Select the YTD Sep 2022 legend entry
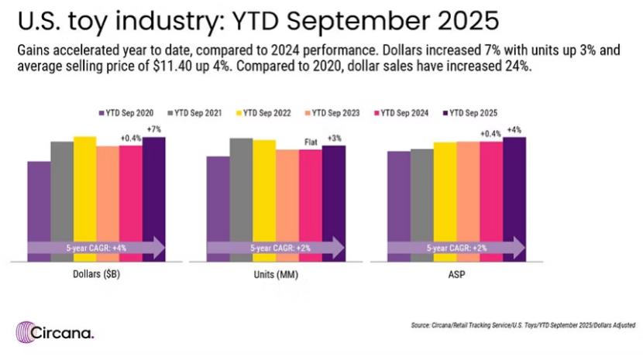[x=267, y=113]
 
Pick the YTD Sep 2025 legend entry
[x=472, y=113]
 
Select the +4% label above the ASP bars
[x=515, y=130]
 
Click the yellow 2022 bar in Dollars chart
[x=85, y=194]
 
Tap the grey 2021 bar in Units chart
[x=241, y=194]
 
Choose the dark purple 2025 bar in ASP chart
[x=514, y=194]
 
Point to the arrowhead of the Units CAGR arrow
[x=339, y=248]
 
